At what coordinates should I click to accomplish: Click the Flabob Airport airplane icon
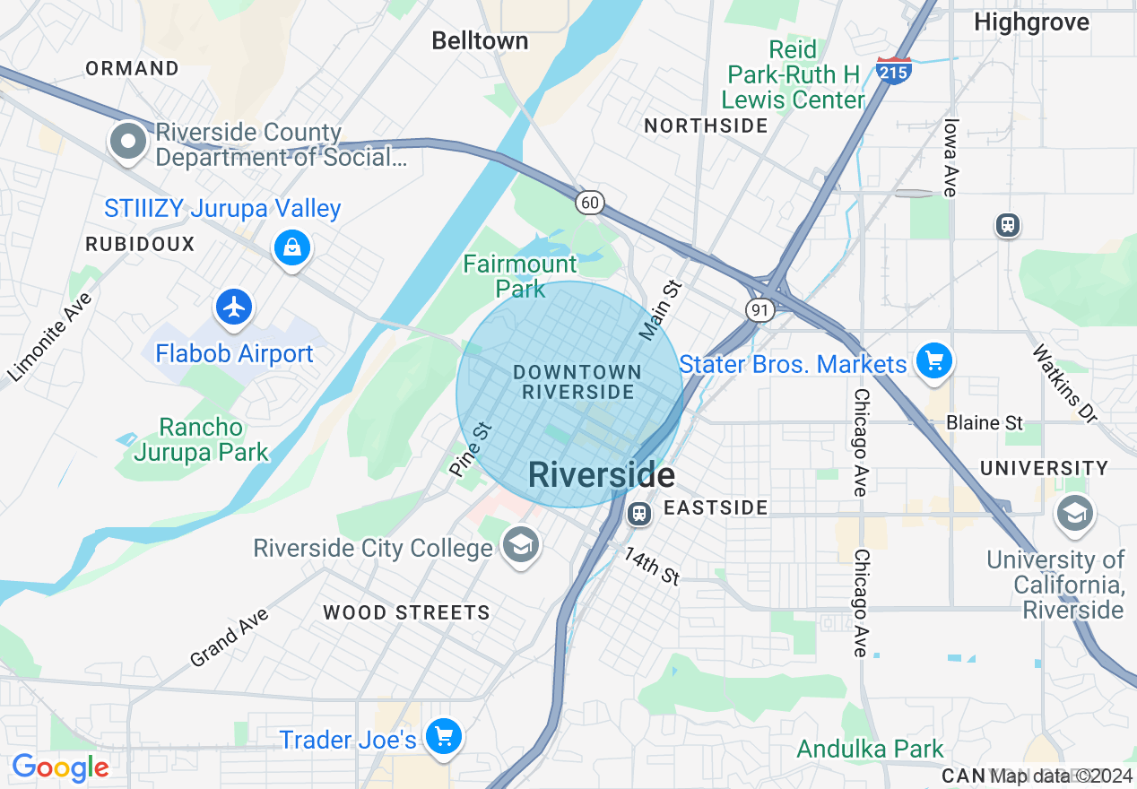click(235, 308)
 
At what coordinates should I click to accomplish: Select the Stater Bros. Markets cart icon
click(934, 361)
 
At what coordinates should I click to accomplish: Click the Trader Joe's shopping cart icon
click(443, 736)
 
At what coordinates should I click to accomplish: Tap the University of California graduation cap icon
click(1073, 513)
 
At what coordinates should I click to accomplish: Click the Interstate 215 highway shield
click(894, 70)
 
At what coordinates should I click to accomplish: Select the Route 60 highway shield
click(589, 203)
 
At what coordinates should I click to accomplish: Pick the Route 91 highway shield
click(759, 309)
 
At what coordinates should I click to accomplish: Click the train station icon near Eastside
click(638, 512)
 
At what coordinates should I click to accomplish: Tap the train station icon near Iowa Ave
click(1008, 224)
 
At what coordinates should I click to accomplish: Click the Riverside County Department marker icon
click(129, 142)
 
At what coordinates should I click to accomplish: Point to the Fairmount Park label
click(520, 276)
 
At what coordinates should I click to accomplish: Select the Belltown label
click(480, 40)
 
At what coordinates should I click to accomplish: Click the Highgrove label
click(1031, 22)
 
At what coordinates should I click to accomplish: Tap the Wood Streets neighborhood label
click(406, 613)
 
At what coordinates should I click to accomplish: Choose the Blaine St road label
click(985, 422)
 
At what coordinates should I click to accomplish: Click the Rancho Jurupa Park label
click(201, 439)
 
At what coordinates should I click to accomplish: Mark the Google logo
click(60, 767)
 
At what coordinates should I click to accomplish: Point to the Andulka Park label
click(870, 749)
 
